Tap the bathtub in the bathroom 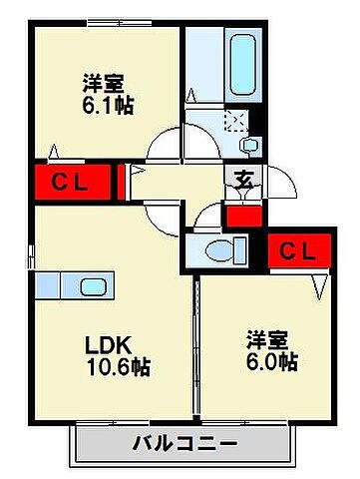tap(240, 62)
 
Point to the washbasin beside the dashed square tap(247, 143)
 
